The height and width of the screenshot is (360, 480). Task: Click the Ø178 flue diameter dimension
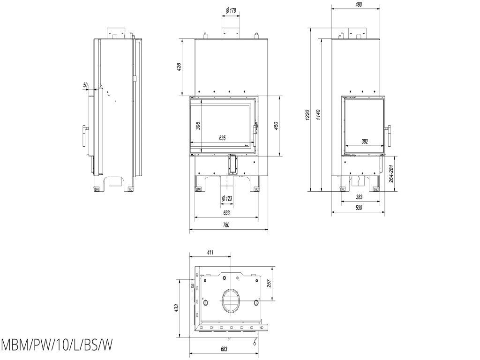(x=230, y=10)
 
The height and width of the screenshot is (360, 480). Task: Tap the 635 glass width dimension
(x=223, y=138)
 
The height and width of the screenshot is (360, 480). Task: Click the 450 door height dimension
(x=277, y=126)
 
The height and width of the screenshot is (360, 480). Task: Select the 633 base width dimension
(x=226, y=213)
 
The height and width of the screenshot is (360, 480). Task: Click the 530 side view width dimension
(x=358, y=207)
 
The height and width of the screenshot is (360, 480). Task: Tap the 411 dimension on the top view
(x=210, y=252)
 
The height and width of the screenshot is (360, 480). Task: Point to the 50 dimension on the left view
(x=85, y=85)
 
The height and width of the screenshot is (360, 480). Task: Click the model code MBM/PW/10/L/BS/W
(x=57, y=345)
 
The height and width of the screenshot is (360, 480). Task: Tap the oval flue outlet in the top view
(x=230, y=300)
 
